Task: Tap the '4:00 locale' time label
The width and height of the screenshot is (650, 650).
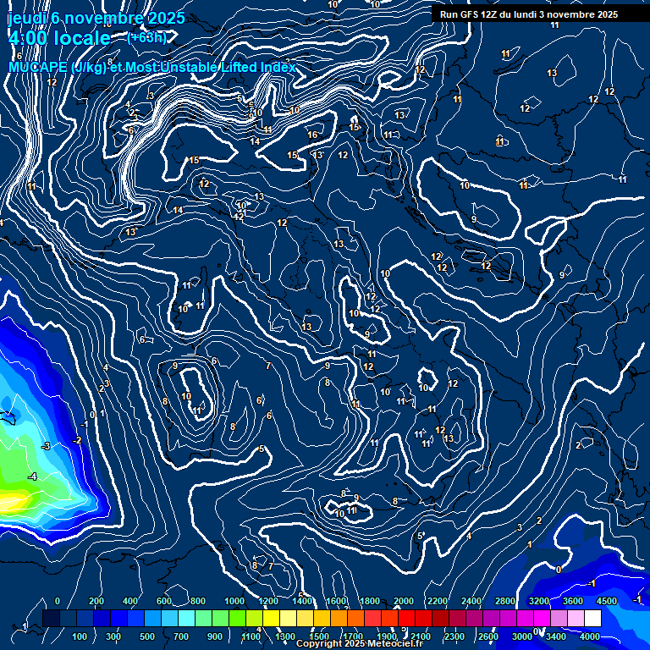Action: point(59,38)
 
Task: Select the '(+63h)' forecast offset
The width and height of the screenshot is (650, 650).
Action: point(146,37)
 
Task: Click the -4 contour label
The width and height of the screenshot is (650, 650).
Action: point(33,477)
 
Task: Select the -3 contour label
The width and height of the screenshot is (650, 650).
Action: point(47,446)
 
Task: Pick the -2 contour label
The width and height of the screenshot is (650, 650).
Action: point(77,441)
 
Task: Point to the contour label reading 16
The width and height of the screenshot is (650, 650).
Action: point(312,135)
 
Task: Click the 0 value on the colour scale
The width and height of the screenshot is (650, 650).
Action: point(58,601)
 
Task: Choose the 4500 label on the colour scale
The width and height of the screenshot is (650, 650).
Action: point(606,601)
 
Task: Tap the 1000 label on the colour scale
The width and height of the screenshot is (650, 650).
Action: point(234,601)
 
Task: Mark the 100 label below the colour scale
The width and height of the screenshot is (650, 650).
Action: point(80,636)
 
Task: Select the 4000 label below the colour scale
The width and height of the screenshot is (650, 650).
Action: point(590,636)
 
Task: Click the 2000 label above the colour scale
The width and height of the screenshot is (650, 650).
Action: point(404,601)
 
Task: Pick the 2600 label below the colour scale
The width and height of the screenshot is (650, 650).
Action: point(488,636)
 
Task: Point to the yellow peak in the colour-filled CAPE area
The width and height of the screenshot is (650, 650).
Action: point(13,504)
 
